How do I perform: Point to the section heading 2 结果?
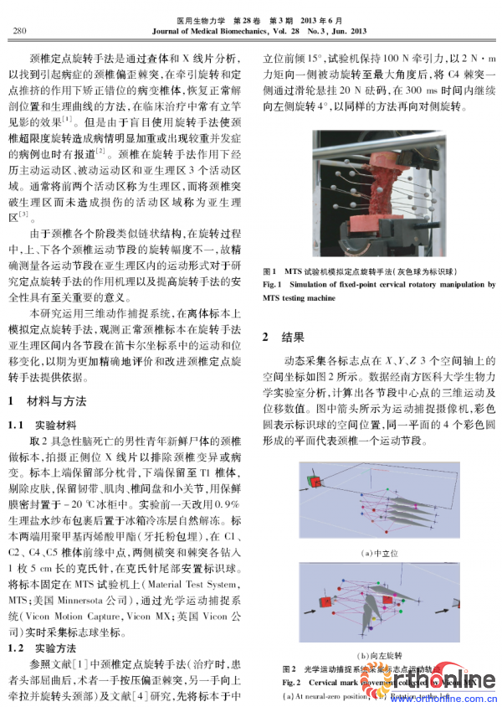point(284,338)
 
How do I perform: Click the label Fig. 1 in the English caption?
point(274,285)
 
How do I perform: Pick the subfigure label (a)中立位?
point(377,552)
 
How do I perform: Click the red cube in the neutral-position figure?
point(315,482)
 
